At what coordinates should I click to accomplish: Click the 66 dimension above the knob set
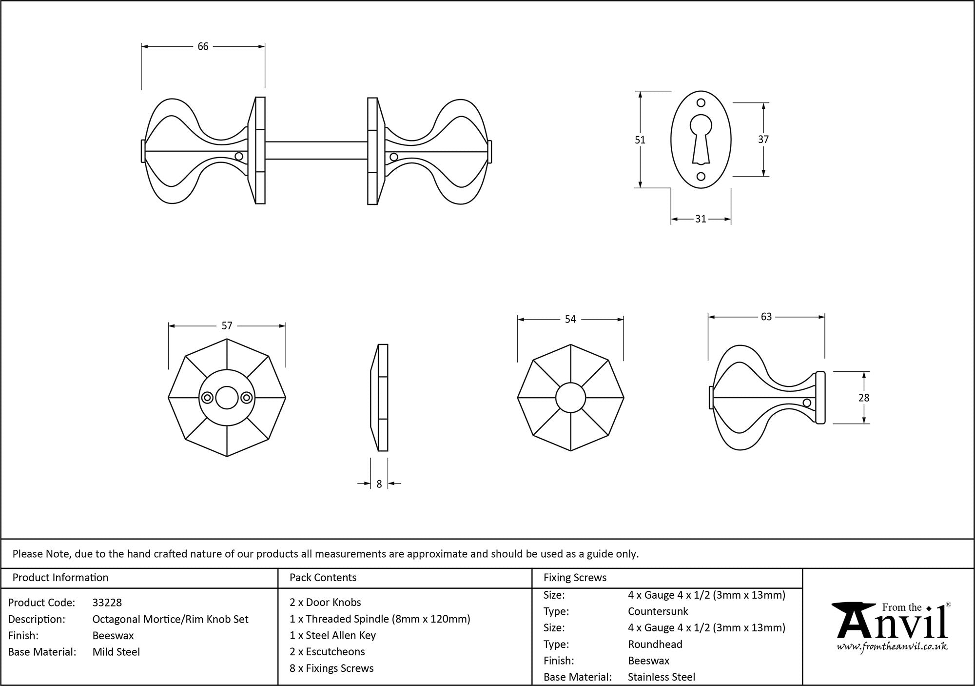(203, 46)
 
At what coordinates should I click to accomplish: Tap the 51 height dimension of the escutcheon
(640, 140)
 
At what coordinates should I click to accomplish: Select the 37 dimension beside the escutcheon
(763, 140)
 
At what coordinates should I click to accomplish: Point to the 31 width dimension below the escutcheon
(701, 219)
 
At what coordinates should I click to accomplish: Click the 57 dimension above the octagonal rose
(227, 325)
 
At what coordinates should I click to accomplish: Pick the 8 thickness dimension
(379, 484)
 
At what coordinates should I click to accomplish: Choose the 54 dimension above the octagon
(570, 319)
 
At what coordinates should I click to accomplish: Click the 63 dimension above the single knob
(766, 317)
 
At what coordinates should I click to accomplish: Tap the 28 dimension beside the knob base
(863, 398)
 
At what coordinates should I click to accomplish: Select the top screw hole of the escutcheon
(701, 103)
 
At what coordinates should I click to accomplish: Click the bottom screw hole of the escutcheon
(701, 176)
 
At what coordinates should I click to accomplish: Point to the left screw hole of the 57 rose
(207, 398)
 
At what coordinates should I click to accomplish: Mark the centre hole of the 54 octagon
(570, 398)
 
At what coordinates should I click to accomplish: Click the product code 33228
(107, 603)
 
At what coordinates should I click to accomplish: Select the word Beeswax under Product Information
(113, 635)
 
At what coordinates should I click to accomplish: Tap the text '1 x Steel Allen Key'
(332, 635)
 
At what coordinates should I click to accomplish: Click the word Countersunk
(658, 611)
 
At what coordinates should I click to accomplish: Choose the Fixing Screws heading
(575, 578)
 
